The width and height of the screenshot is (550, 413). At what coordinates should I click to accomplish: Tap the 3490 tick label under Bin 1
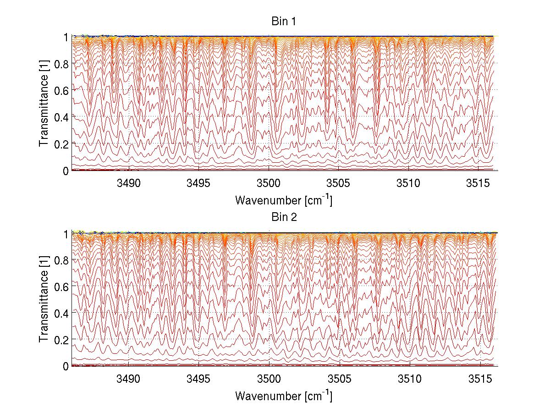coord(129,183)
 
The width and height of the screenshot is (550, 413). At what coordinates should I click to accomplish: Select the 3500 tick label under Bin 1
coord(269,183)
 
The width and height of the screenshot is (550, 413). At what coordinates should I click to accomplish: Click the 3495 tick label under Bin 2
coord(199,379)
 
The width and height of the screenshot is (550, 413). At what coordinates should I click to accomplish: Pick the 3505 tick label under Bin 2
coord(339,379)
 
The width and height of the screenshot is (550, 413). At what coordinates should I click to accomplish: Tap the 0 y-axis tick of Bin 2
coord(66,366)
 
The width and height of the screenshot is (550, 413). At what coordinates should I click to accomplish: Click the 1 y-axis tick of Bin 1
coord(66,37)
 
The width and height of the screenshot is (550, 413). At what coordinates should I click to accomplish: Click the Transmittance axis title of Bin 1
coord(44,104)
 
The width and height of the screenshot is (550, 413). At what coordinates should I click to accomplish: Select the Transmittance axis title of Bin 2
coord(44,299)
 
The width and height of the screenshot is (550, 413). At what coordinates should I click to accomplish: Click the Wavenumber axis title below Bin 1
coord(284,200)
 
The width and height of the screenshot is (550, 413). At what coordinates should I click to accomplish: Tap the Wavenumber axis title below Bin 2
coord(284,396)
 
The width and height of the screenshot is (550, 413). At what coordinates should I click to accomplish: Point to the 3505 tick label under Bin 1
coord(339,183)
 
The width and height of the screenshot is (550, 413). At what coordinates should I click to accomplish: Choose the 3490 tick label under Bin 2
coord(129,379)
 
